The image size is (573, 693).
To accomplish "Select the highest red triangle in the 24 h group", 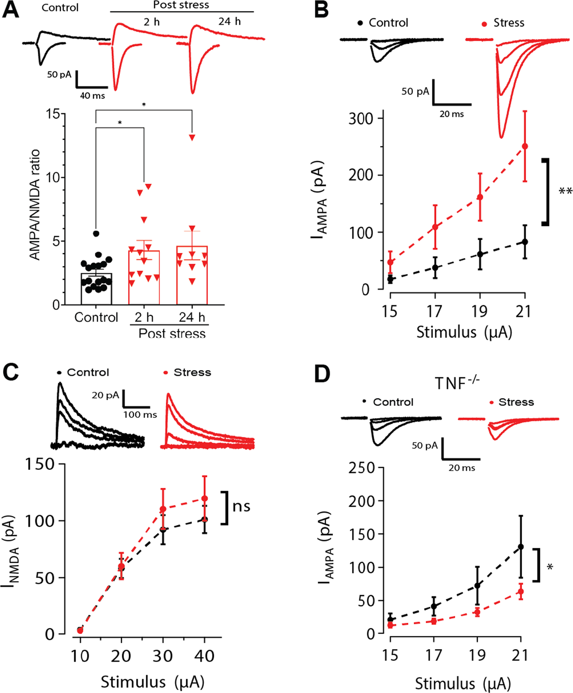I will click(x=192, y=137).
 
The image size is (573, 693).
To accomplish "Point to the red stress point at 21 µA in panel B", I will click(x=525, y=146).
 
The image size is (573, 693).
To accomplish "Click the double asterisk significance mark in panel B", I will click(x=565, y=192).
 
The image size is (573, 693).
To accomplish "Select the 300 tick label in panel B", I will click(x=360, y=118).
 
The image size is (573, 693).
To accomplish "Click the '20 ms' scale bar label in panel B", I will click(x=451, y=114).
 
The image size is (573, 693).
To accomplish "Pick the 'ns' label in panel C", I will click(x=241, y=506).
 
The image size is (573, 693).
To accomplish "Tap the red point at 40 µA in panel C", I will click(x=204, y=498).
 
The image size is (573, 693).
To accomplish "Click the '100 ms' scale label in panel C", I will click(x=140, y=415).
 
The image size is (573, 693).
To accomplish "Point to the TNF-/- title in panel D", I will click(x=457, y=384).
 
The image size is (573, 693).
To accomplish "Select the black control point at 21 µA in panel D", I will click(x=521, y=547).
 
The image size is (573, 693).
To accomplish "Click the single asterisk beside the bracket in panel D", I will click(x=550, y=567).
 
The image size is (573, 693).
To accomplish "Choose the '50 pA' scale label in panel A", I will click(x=59, y=74).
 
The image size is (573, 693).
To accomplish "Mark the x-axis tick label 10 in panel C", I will click(x=79, y=656).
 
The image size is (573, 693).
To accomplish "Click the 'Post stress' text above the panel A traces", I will click(x=181, y=5).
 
